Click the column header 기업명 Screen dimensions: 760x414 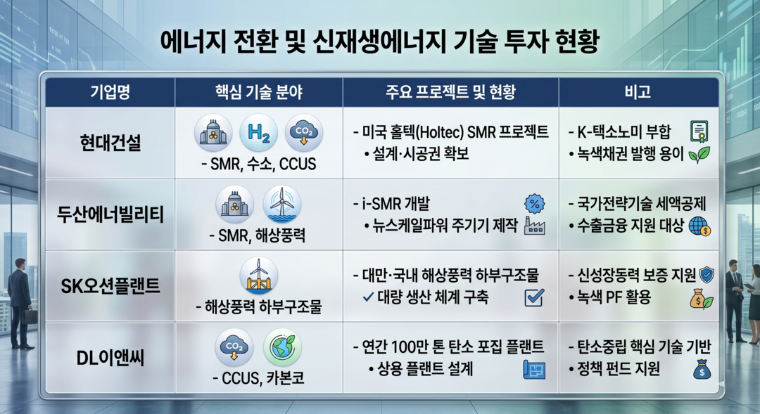pos(110,92)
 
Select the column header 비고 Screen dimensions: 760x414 pos(638,92)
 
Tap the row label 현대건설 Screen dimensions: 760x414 pos(110,143)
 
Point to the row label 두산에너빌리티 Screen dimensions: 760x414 pos(110,214)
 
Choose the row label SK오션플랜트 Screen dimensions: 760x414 pos(110,285)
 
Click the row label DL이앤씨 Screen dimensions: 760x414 pos(110,358)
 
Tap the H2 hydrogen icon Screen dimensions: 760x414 pos(258,133)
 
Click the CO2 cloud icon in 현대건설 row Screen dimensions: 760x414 pos(304,133)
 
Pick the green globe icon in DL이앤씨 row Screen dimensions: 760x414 pos(282,347)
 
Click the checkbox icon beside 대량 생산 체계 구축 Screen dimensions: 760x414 pos(534,298)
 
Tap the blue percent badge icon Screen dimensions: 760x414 pos(535,204)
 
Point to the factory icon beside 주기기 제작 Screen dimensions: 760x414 pos(535,226)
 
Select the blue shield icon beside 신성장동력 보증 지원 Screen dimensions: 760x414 pos(707,275)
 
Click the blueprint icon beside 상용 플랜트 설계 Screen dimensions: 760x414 pos(534,370)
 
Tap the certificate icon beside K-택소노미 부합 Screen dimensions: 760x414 pos(699,131)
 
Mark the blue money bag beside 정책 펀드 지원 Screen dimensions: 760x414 pos(702,370)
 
